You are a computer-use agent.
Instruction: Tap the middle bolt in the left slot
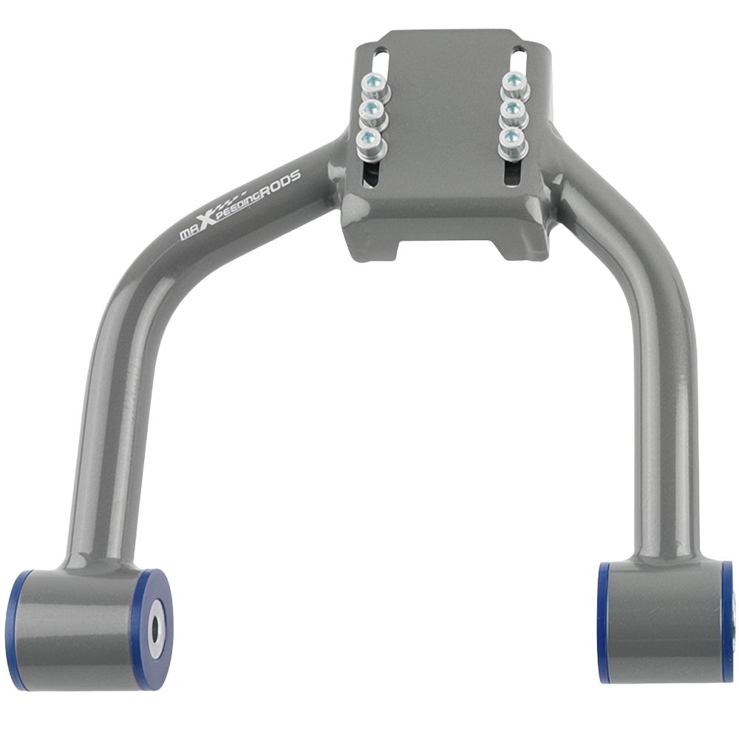[x=371, y=113]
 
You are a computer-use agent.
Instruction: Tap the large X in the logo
[x=208, y=214]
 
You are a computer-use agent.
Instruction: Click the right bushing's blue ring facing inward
[x=605, y=622]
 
